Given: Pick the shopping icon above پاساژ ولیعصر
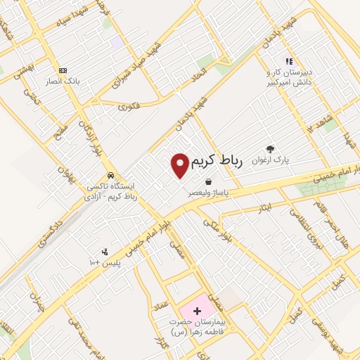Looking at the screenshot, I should pyautogui.click(x=208, y=181).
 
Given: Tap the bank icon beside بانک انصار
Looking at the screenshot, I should pyautogui.click(x=63, y=70).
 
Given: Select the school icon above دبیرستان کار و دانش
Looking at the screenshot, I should pyautogui.click(x=288, y=62).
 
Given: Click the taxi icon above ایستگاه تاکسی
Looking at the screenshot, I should pyautogui.click(x=110, y=175).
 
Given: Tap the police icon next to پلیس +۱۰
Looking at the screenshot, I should pyautogui.click(x=105, y=252).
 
